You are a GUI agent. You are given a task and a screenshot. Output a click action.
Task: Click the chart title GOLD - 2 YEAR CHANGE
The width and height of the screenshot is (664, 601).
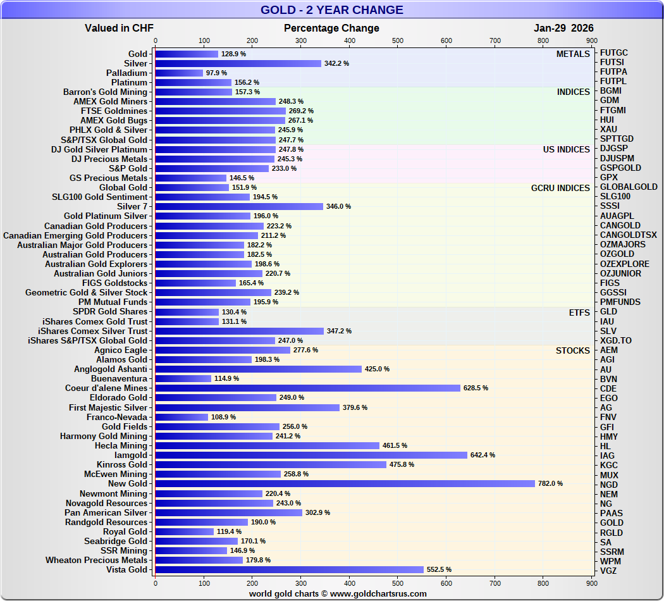331,9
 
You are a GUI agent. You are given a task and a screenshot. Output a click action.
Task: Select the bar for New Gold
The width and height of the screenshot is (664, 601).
345,484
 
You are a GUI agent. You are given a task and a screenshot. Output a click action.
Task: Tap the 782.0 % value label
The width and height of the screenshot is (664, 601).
550,484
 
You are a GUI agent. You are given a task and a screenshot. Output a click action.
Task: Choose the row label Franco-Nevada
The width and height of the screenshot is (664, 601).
117,418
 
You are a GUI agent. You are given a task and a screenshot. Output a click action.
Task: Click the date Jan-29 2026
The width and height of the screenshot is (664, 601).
563,28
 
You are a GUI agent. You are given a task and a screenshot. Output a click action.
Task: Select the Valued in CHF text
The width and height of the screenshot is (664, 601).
119,28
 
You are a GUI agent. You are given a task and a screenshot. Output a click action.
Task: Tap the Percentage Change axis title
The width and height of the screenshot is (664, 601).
331,28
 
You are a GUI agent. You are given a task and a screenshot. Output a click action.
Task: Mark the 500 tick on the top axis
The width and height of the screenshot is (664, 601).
398,41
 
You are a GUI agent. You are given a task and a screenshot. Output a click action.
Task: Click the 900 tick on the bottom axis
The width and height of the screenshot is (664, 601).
591,583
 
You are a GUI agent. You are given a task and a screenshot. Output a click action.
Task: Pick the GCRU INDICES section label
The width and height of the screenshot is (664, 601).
560,188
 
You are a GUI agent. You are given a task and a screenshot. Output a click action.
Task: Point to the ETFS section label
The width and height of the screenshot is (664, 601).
579,313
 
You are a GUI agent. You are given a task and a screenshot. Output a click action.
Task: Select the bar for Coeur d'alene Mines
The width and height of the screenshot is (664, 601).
307,388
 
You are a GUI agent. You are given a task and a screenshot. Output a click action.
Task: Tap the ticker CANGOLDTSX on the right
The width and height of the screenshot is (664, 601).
628,235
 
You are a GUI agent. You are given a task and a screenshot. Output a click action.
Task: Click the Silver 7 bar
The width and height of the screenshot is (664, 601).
239,207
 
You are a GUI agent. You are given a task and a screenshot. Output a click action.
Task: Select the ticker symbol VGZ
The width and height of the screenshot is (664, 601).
609,571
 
